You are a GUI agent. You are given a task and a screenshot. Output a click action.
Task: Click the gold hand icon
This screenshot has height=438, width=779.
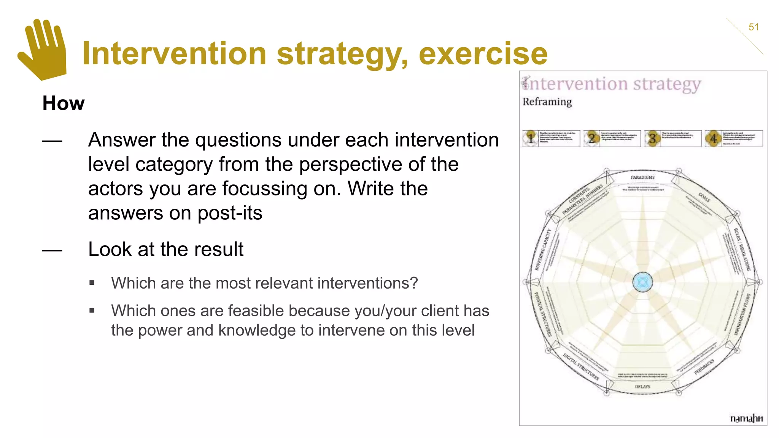click(x=43, y=50)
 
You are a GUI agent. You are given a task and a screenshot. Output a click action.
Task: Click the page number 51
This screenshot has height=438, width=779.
click(x=754, y=27)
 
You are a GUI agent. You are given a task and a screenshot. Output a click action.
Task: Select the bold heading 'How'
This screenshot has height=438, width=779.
click(x=64, y=103)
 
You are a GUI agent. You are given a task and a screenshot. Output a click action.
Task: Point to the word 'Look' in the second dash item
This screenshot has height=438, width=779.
click(x=110, y=249)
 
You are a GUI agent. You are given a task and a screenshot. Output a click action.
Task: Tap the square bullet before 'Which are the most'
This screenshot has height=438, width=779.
click(x=92, y=283)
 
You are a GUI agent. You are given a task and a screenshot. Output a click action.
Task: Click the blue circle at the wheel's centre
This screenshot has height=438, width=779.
click(x=642, y=282)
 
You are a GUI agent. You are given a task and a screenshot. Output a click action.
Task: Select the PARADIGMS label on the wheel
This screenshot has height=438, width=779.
click(x=642, y=178)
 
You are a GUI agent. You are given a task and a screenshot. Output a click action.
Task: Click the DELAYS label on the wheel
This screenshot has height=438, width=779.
click(x=642, y=387)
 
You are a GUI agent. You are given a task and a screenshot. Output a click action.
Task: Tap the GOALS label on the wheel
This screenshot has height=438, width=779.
click(x=704, y=197)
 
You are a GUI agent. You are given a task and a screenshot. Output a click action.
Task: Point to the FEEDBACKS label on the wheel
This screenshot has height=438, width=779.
click(x=704, y=367)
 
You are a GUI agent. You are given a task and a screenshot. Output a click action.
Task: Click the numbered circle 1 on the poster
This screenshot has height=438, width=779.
click(x=531, y=138)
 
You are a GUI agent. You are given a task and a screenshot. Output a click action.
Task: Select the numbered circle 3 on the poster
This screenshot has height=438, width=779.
click(x=652, y=138)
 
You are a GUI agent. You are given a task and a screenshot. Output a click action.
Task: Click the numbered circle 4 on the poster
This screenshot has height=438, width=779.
click(x=713, y=138)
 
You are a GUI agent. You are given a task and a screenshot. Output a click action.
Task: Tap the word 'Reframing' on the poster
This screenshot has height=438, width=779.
click(x=547, y=102)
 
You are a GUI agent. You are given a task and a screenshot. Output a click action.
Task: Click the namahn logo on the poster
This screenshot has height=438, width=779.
click(x=746, y=418)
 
